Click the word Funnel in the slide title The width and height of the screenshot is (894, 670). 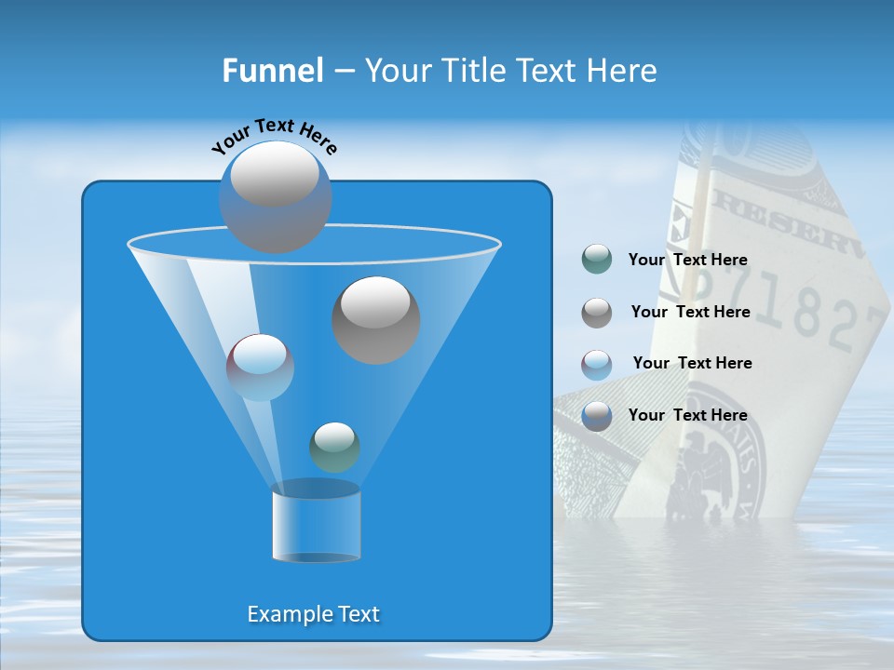coord(273,71)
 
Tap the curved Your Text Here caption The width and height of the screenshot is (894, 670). coord(275,136)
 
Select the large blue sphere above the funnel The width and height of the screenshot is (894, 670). coord(275,196)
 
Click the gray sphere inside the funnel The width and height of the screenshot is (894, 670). coord(375,319)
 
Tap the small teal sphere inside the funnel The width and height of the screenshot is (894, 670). coord(334,447)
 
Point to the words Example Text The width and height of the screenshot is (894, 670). coord(314,614)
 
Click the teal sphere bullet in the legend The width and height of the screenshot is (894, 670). coord(596,260)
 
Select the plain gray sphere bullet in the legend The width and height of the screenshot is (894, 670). coord(596,312)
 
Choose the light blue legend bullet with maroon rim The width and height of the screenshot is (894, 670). coord(596,364)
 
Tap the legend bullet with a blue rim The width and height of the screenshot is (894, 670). coord(596,415)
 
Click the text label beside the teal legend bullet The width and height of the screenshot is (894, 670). coord(687,260)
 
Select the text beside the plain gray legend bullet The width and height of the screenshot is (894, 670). coord(690,312)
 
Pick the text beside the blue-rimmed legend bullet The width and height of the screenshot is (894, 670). coord(687,415)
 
